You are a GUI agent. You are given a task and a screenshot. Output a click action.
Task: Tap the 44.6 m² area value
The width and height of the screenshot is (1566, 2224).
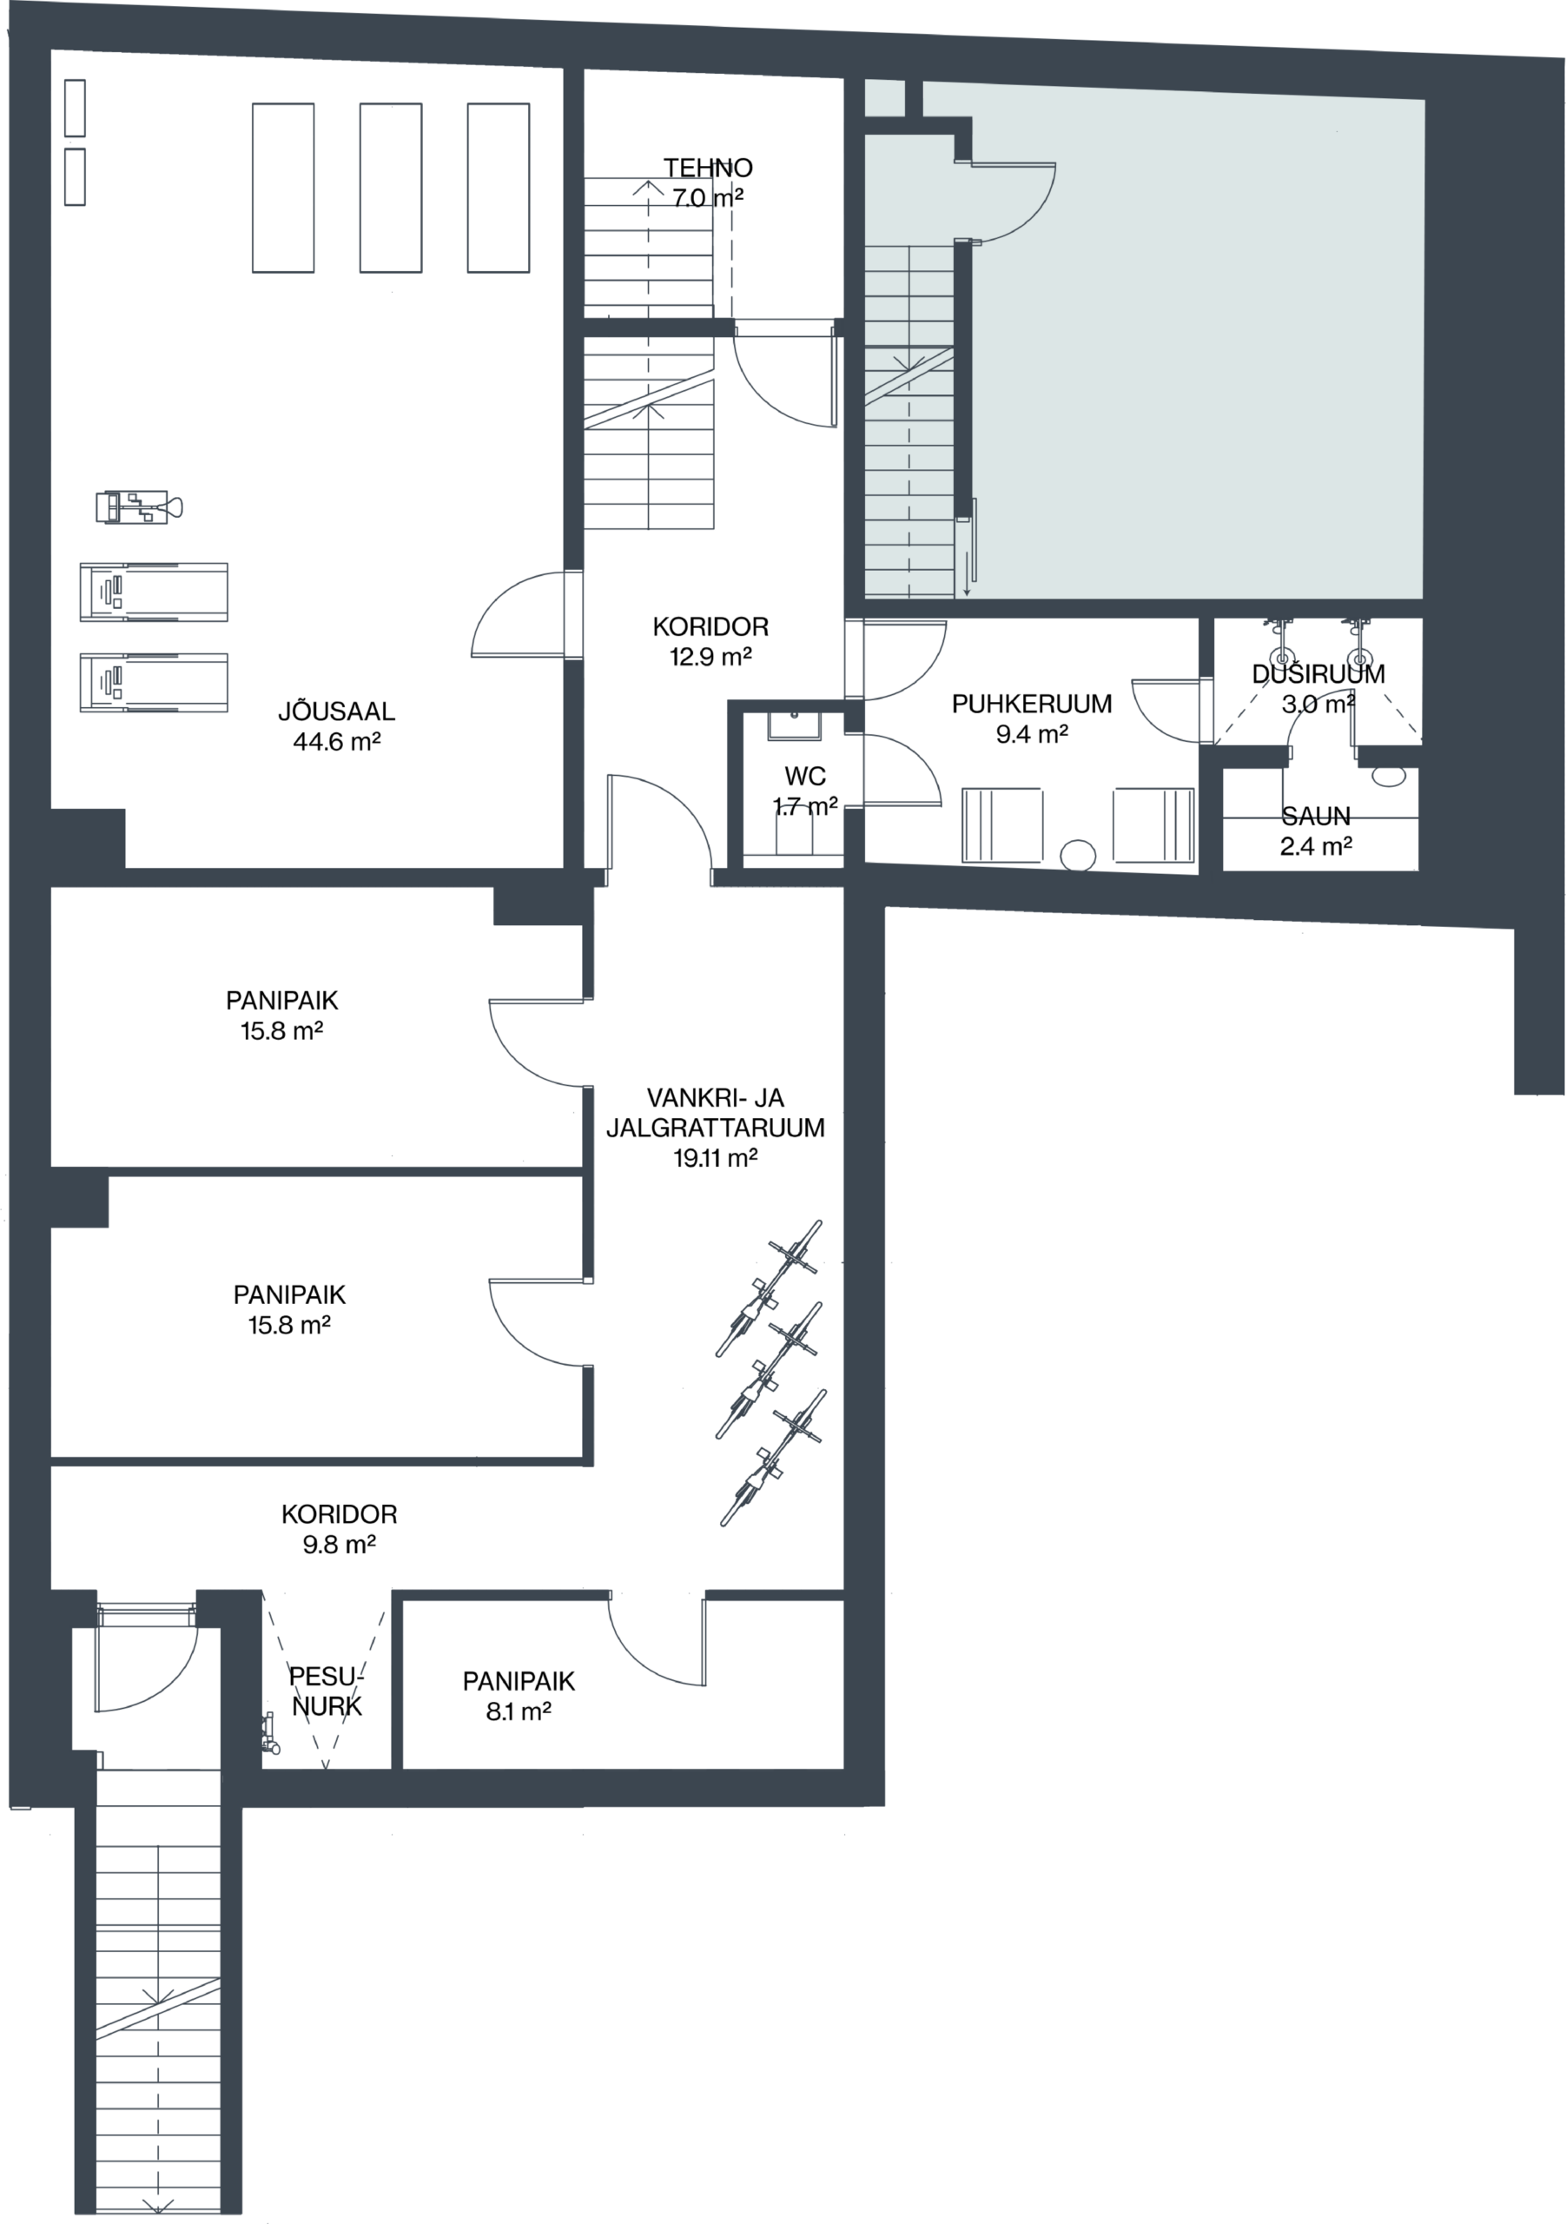coord(336,742)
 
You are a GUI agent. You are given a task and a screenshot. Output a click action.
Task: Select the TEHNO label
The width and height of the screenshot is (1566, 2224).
coord(708,168)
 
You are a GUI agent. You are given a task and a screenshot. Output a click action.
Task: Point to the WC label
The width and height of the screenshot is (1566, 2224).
coord(805,776)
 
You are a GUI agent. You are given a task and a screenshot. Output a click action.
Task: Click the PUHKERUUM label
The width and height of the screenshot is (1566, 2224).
coord(1032,705)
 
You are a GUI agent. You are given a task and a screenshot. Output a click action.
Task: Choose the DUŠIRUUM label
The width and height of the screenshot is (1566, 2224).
coord(1318,673)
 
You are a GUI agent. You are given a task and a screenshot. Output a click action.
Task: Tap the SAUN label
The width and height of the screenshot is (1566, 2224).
coord(1315,816)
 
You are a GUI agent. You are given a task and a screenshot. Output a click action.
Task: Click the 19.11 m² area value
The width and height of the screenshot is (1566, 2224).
coord(715,1157)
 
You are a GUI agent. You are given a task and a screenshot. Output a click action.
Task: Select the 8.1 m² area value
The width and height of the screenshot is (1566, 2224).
coord(519,1711)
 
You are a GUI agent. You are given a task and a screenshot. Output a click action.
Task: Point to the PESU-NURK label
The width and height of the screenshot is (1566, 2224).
coord(327,1691)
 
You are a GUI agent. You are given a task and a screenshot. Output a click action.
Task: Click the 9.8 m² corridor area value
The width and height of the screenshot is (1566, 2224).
coord(339,1544)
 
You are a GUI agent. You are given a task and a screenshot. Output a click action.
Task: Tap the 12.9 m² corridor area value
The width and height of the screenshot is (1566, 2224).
coord(710,657)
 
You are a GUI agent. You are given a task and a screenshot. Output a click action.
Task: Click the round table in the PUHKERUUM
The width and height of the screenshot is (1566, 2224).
coord(1079,856)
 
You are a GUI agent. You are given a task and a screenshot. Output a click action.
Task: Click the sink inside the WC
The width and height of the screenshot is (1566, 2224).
coord(794,725)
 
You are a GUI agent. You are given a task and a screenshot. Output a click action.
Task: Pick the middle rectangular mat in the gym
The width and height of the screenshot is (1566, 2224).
coord(390,187)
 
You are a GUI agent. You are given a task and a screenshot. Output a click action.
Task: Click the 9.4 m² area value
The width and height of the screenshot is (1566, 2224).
coord(1032,734)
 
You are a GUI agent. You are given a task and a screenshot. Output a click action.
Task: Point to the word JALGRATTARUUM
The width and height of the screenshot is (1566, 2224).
coord(716,1128)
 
